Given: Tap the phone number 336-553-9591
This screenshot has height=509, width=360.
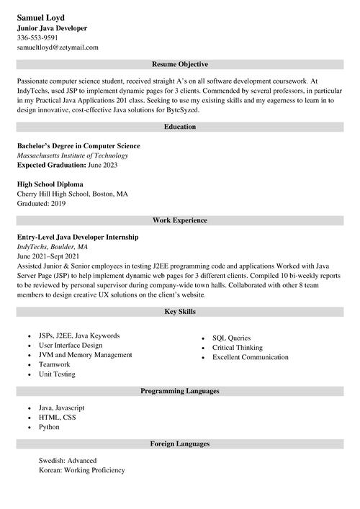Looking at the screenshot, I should tap(37, 37).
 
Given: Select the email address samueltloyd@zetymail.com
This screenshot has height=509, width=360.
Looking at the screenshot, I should tap(58, 47).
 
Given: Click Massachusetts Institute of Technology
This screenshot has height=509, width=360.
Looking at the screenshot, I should tap(73, 156).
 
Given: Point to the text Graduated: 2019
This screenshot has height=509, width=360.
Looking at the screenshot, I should tap(41, 204).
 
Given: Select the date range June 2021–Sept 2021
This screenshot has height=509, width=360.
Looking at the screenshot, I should tap(48, 256).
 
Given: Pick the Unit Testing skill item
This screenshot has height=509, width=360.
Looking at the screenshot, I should tap(57, 374).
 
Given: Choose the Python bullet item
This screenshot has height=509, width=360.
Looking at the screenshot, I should tap(50, 427).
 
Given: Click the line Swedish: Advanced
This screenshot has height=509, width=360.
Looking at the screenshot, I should tap(68, 461).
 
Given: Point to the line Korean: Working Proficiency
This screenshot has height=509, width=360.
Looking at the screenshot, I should tap(82, 470).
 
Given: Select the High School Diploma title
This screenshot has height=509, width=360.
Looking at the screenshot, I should tap(50, 184).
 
